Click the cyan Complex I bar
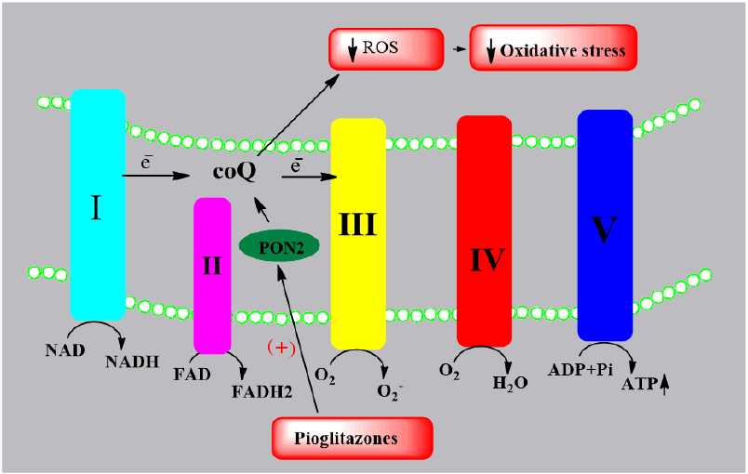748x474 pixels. point(98,204)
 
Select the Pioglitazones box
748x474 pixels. point(353,437)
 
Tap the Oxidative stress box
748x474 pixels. point(554,48)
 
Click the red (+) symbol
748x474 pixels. point(282,348)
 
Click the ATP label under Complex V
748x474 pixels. point(638,381)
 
